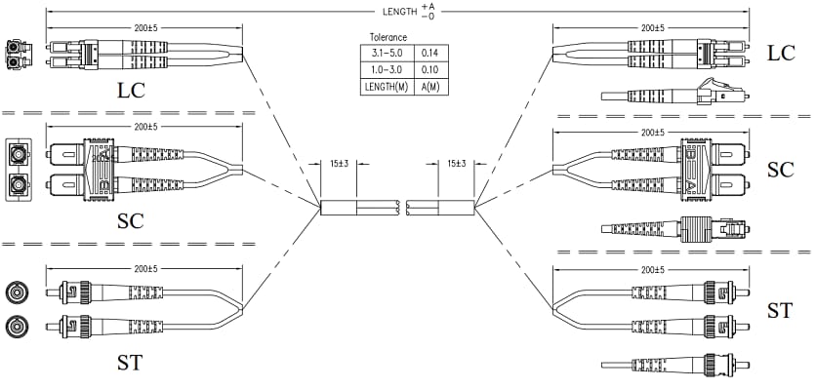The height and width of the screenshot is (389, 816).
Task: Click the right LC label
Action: pos(781,54)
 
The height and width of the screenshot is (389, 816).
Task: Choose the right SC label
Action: pos(780,170)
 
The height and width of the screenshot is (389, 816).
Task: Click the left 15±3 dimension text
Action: pos(341,164)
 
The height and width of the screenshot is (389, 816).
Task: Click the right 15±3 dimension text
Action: pos(457,164)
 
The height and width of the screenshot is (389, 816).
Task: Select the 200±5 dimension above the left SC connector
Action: pos(146,127)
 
